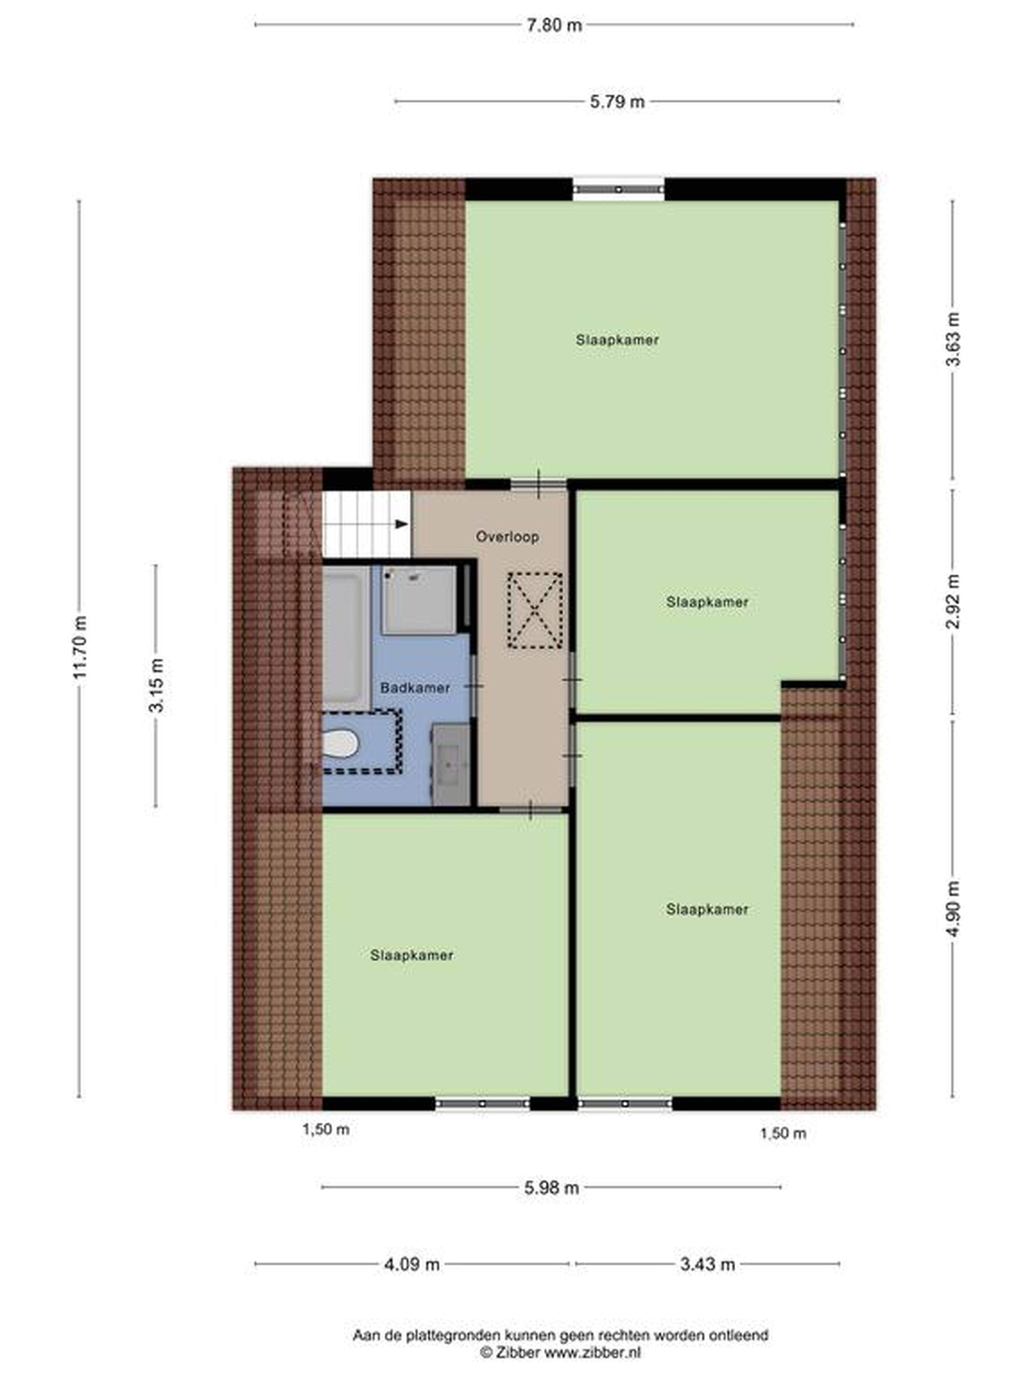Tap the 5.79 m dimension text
617,101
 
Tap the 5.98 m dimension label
551,1188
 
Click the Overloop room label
507,536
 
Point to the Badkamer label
415,687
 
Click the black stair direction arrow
402,524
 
